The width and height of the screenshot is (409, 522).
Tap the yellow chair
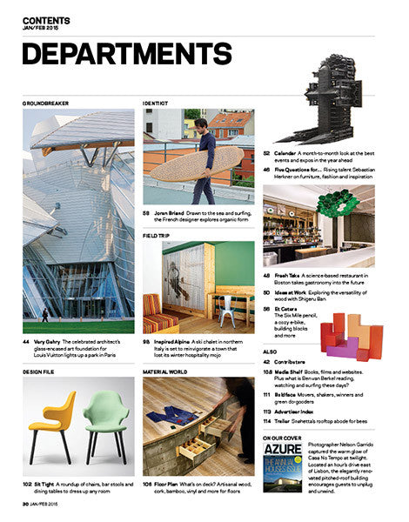[53, 418]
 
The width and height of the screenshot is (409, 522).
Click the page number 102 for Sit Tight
[29, 481]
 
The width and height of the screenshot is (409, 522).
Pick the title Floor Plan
[171, 481]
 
